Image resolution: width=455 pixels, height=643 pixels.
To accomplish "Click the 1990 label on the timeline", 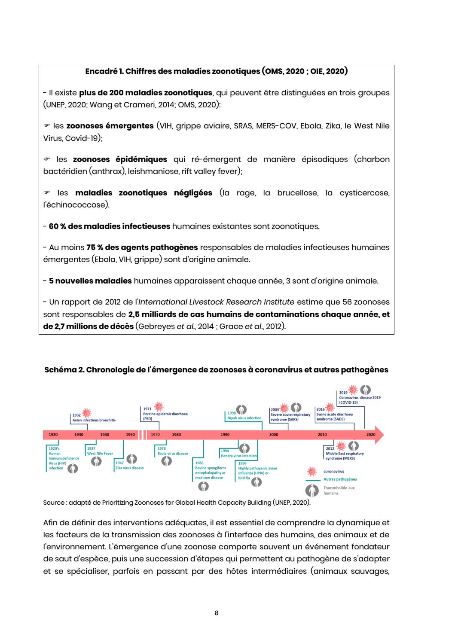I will pos(225,435).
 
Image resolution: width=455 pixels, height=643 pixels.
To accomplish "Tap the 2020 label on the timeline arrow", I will pos(371,435).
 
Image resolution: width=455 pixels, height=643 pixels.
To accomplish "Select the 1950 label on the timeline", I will pos(130,435).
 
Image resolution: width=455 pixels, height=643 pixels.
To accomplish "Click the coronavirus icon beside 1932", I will pos(86,413).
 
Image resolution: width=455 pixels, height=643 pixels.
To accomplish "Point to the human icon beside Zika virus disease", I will pos(132,459).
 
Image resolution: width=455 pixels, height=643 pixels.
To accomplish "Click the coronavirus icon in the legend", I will pos(312,471).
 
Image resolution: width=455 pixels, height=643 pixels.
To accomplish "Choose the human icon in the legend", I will pos(312,490).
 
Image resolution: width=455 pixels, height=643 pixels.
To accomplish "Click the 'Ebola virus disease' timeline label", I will pos(173,454).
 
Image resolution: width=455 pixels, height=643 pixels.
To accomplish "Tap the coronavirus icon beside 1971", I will pos(159,405).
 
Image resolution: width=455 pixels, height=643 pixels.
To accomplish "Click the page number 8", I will pos(217,613).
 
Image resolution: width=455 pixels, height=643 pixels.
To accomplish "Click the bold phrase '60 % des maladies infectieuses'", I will pos(109,226).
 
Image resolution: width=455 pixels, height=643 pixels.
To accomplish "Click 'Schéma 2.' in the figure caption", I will pos(64,370).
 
